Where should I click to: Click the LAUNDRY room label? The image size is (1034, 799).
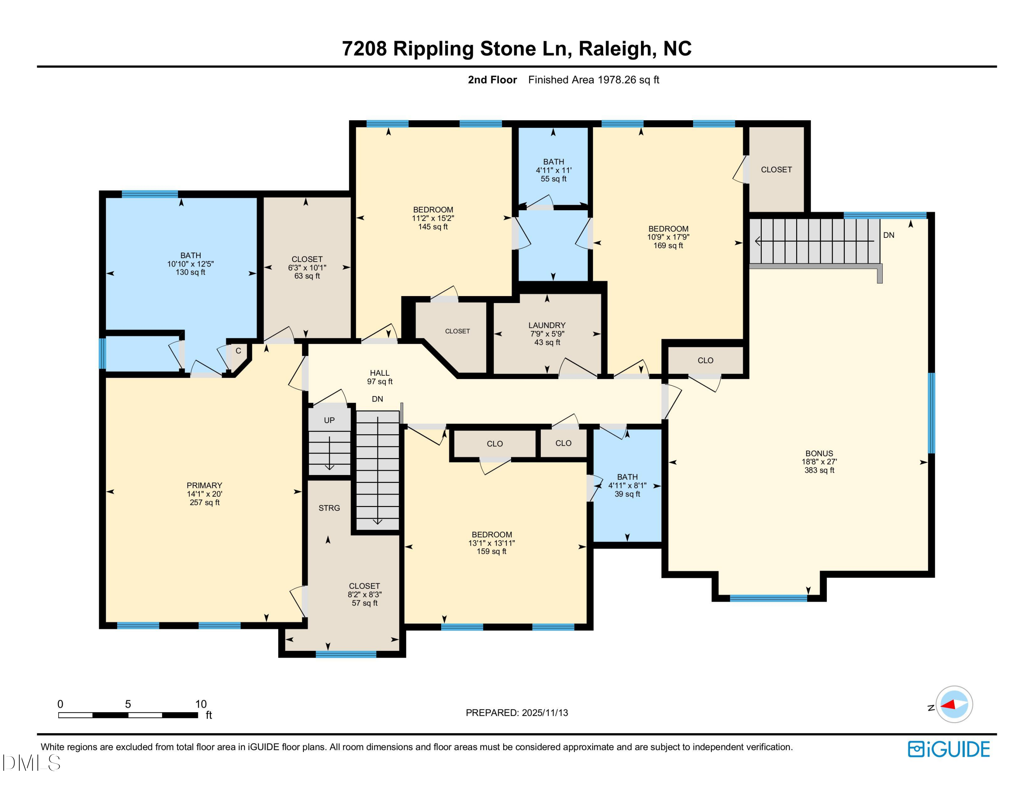coord(547,325)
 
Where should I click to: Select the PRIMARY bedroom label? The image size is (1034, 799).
coord(204,485)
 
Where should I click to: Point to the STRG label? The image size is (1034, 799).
coord(329,508)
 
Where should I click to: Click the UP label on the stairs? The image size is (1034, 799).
coord(329,420)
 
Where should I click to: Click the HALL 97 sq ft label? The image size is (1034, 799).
coord(380,377)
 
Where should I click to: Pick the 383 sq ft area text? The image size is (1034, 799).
coord(819,470)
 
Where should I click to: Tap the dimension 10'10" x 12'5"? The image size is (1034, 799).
coord(190,264)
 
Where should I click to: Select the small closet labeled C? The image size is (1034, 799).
coord(238,351)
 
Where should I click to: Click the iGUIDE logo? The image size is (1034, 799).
coord(949,749)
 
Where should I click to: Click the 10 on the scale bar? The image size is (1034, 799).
coord(201,704)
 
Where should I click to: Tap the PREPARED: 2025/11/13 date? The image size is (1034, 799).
coord(517,713)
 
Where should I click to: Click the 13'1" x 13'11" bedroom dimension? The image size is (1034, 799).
coord(491,543)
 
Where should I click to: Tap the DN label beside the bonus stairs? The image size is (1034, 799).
coord(889,235)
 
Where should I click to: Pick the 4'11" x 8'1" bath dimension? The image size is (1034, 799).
coord(627,485)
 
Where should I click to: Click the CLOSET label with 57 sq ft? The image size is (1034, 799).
coord(364,586)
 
